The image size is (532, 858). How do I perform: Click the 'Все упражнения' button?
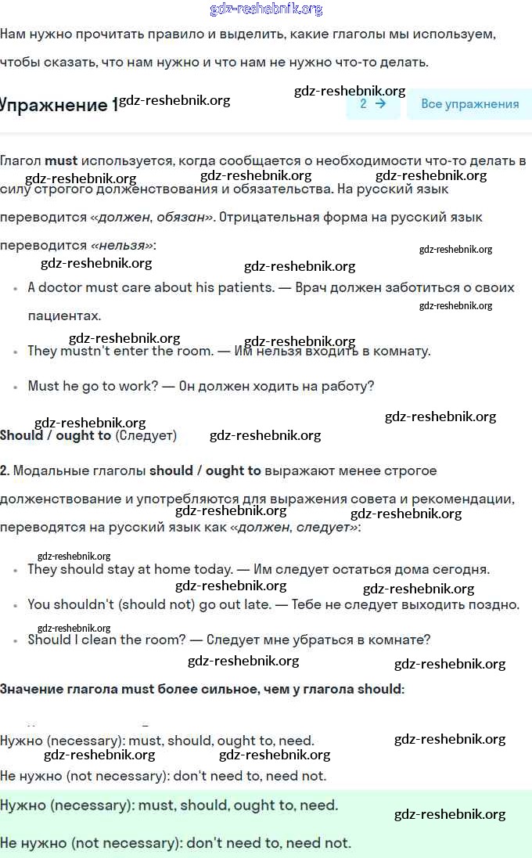469,104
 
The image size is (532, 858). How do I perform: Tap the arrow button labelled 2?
372,103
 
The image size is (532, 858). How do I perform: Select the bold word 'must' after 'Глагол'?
61,161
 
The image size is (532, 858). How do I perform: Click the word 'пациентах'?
64,315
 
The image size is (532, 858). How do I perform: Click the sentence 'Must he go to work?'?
95,386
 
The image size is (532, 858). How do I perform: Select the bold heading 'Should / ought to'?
56,435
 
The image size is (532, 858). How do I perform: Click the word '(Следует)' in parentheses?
146,435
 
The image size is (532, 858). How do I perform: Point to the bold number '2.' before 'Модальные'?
5,470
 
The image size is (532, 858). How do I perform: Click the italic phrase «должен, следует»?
294,527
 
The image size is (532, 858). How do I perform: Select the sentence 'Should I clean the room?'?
106,640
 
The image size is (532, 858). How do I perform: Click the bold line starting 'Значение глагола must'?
202,689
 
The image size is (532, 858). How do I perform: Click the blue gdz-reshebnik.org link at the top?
266,9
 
